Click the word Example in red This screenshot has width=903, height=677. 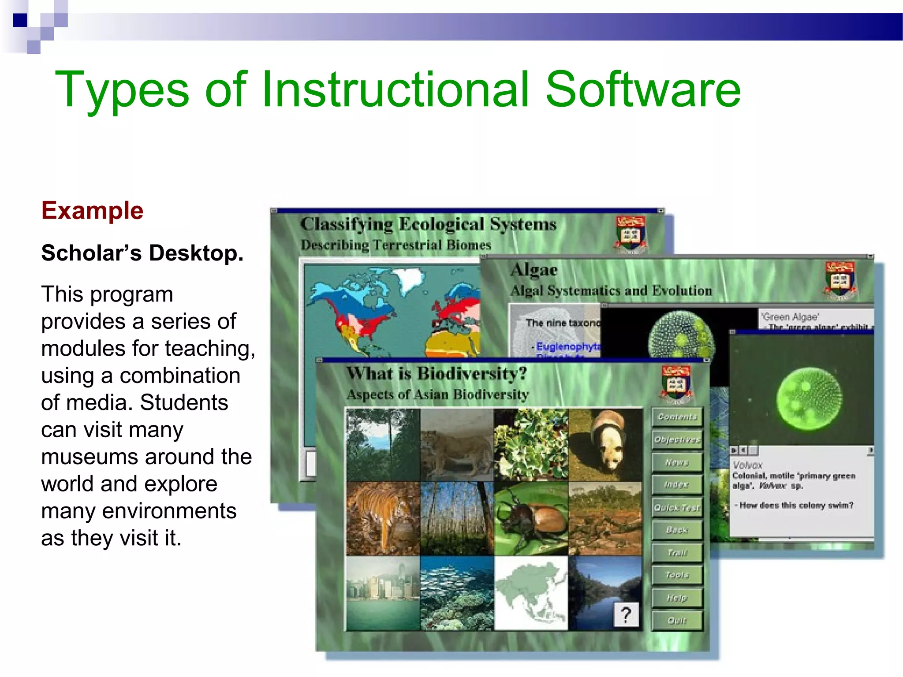pos(92,211)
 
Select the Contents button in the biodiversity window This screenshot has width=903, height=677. pos(677,417)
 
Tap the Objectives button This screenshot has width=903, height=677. pos(677,439)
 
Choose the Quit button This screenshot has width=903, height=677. pos(677,621)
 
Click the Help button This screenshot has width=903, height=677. pos(677,598)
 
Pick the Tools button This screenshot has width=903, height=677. pos(677,575)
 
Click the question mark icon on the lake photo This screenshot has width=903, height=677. pos(626,614)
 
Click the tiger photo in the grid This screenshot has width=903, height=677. pos(382,518)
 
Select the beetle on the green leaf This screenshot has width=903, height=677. pos(531,518)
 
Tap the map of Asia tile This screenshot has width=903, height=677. pos(531,593)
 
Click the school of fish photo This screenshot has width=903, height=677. pos(457,593)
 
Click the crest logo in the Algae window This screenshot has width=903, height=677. pos(840,280)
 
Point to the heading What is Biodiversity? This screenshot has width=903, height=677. pos(436,374)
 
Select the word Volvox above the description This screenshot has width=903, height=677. pos(747,465)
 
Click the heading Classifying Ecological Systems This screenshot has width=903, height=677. pos(428,224)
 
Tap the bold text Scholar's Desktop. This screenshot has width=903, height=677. pos(142,253)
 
